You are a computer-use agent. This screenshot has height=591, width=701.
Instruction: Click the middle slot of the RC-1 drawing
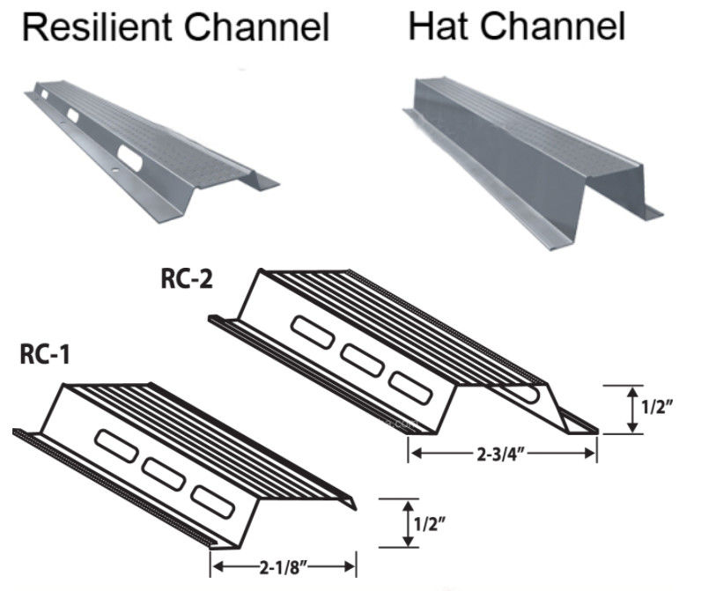(165, 473)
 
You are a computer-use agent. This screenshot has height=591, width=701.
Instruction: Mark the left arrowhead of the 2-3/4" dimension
(412, 453)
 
